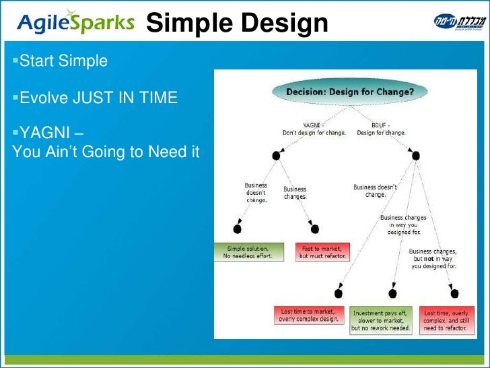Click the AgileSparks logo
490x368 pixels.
click(x=76, y=24)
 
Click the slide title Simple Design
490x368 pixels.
click(x=236, y=24)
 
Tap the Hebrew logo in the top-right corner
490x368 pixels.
click(x=457, y=22)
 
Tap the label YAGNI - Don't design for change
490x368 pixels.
click(x=314, y=129)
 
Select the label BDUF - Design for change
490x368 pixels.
click(x=381, y=129)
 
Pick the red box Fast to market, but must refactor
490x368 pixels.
click(x=323, y=252)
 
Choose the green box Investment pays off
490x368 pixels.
click(x=381, y=319)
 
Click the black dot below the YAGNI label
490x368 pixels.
click(x=276, y=156)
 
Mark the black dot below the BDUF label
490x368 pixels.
click(x=415, y=156)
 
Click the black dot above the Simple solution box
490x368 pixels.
click(x=237, y=229)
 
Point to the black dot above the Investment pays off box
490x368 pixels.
click(x=393, y=294)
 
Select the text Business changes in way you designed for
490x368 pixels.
click(x=403, y=225)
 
